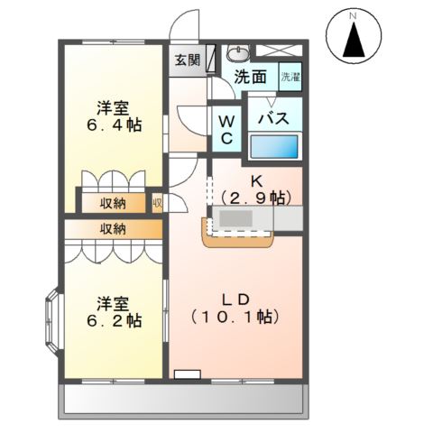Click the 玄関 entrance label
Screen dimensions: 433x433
188,60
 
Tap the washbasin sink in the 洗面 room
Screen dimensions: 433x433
238,53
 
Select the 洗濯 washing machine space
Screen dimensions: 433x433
290,77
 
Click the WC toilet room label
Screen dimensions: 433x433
227,130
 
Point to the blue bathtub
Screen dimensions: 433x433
274,147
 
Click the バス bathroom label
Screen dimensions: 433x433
274,118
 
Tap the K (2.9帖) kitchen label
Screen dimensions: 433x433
256,190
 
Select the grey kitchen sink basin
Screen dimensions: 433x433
235,218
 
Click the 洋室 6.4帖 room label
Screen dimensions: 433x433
115,116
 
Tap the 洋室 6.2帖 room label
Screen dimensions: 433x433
115,312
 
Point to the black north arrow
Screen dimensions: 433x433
354,40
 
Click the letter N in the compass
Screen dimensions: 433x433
354,15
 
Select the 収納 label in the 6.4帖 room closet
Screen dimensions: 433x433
113,204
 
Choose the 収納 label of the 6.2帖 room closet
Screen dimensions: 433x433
113,229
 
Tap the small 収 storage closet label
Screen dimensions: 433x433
158,204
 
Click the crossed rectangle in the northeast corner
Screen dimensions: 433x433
279,51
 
